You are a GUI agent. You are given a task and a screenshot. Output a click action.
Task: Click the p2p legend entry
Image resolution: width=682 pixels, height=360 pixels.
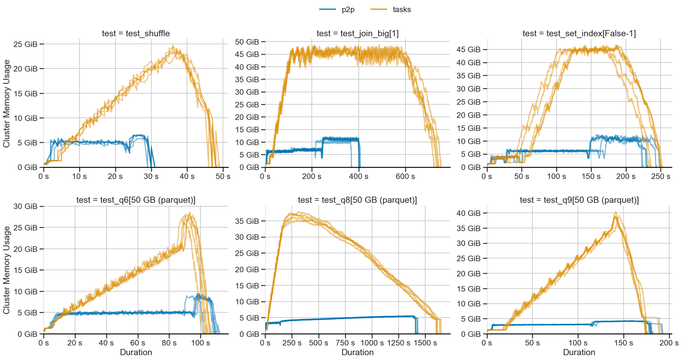[337, 10]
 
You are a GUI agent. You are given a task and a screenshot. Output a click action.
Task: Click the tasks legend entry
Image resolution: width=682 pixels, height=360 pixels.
[391, 10]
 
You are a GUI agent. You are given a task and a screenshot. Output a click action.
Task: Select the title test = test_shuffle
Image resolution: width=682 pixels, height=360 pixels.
[136, 34]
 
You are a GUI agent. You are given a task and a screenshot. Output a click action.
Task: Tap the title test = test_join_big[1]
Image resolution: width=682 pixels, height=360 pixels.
[357, 34]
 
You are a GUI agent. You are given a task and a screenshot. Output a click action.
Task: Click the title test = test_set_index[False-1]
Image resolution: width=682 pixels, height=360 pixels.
[579, 34]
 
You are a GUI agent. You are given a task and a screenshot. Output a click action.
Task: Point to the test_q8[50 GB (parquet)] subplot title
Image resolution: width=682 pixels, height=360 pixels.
[357, 200]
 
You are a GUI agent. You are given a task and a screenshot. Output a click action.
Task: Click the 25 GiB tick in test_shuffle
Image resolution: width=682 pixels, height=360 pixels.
[25, 44]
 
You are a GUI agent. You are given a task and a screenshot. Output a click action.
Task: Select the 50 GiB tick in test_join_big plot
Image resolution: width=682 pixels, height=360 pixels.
[247, 42]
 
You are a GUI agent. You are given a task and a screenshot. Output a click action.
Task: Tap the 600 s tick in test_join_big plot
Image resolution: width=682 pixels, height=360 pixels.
[405, 177]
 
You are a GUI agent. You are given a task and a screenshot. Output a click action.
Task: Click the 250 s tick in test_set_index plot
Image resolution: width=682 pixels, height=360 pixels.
[661, 177]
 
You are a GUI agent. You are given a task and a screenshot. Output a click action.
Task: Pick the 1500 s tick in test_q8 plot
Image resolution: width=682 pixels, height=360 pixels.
[425, 343]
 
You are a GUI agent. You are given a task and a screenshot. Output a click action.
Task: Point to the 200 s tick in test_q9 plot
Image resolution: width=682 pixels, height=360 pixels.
[669, 343]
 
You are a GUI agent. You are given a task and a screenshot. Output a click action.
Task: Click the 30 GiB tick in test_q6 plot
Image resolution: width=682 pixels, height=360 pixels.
[25, 207]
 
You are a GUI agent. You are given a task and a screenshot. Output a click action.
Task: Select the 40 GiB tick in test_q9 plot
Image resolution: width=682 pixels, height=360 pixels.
[468, 213]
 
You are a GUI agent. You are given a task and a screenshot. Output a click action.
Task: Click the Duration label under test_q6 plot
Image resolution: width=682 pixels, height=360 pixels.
[136, 352]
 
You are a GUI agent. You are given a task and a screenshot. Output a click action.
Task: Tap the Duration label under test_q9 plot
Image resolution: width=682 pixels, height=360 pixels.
[579, 352]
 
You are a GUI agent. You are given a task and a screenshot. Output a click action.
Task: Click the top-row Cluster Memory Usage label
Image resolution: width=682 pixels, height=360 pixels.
[6, 104]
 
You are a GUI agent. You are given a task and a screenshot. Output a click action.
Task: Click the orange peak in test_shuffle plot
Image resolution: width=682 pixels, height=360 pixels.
[173, 46]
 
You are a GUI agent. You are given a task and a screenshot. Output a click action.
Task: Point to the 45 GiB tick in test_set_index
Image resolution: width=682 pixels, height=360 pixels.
[468, 49]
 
